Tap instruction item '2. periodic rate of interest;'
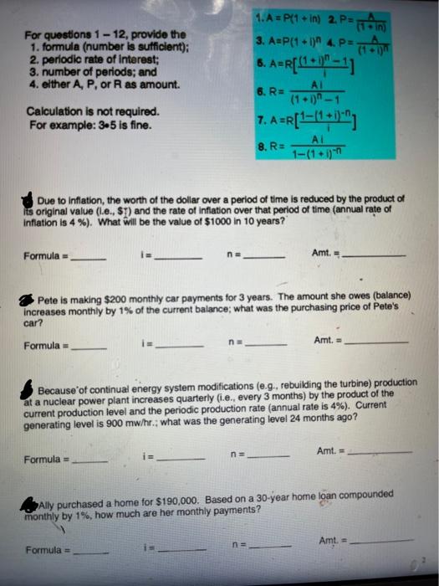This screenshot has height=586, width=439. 93,60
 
